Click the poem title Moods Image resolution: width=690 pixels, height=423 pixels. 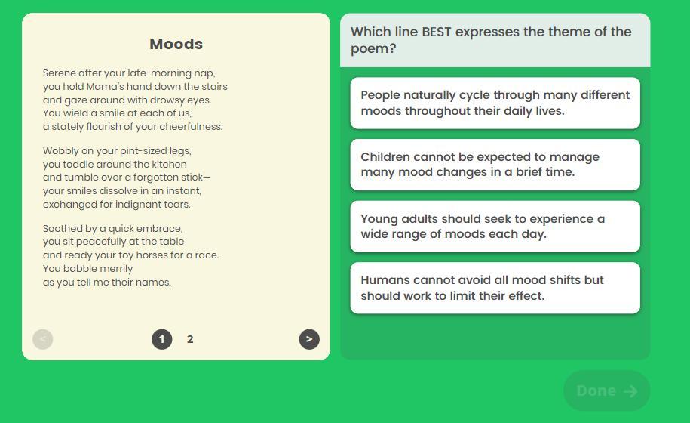[x=176, y=44]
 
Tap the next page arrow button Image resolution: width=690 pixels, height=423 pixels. [x=309, y=339]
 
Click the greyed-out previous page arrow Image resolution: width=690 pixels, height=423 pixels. [x=43, y=339]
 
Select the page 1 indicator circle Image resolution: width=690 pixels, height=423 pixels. [x=162, y=339]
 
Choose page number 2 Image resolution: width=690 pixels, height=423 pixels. [x=190, y=339]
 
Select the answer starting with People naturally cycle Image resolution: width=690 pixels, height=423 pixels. [x=495, y=103]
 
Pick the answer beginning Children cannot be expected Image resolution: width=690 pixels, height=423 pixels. [x=495, y=165]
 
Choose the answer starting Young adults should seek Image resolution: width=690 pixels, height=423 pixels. [x=495, y=227]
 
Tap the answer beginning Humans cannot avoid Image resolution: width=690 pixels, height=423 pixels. [x=495, y=289]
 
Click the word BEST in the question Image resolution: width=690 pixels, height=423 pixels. [x=437, y=32]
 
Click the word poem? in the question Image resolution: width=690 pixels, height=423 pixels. [x=373, y=48]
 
